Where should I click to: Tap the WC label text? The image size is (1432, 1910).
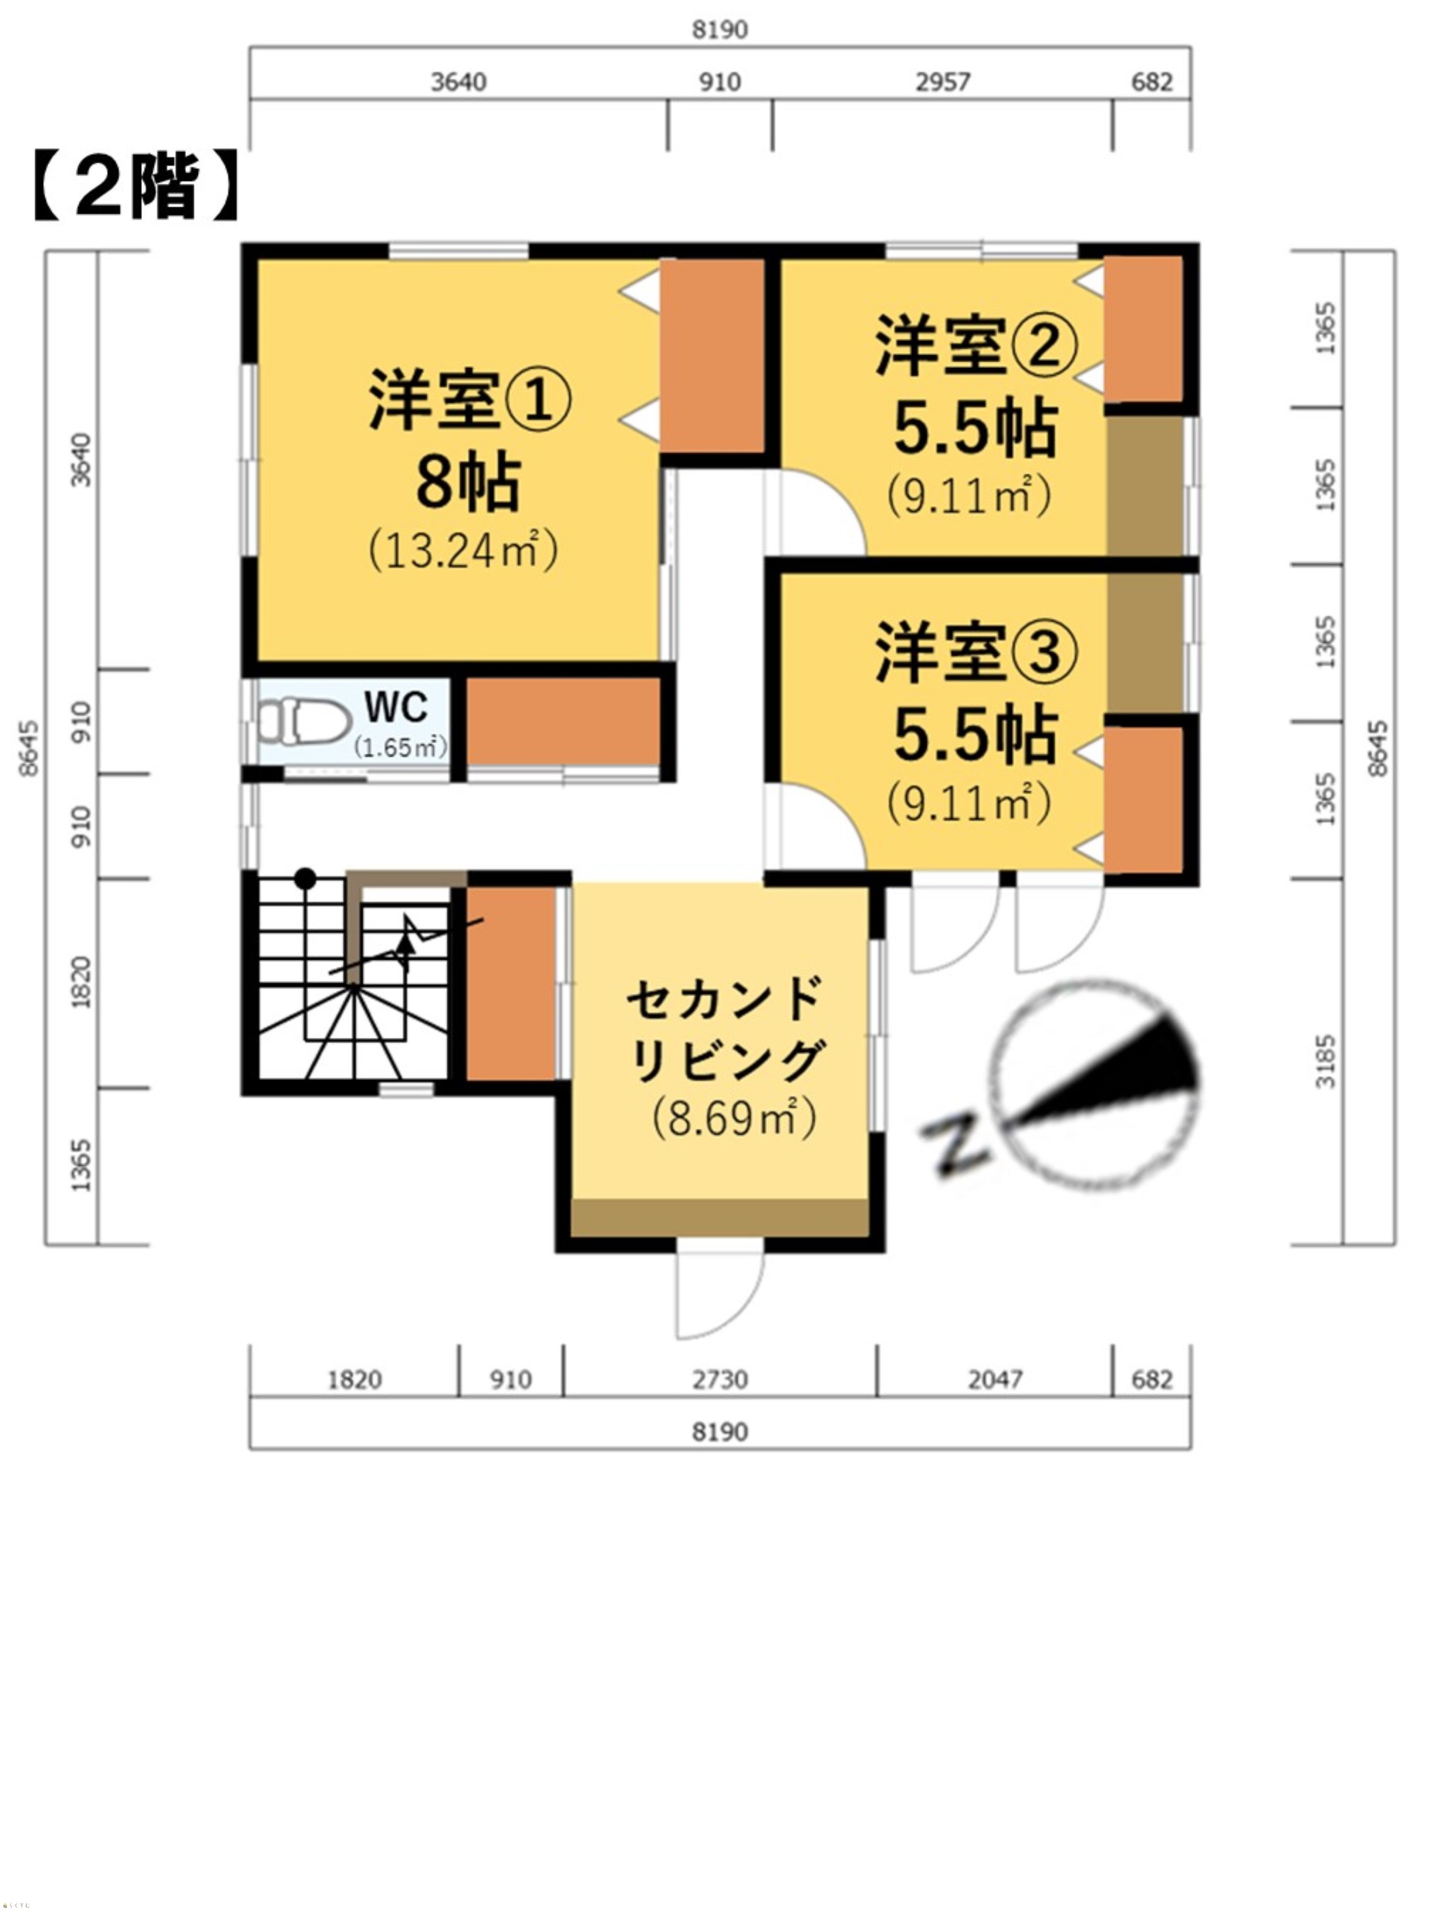pyautogui.click(x=396, y=707)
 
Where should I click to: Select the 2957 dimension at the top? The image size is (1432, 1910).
pyautogui.click(x=942, y=82)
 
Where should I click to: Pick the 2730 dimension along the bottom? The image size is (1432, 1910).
pyautogui.click(x=720, y=1380)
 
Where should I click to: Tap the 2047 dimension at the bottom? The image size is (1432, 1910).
pyautogui.click(x=994, y=1380)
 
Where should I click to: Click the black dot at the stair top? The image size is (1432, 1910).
pyautogui.click(x=305, y=879)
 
